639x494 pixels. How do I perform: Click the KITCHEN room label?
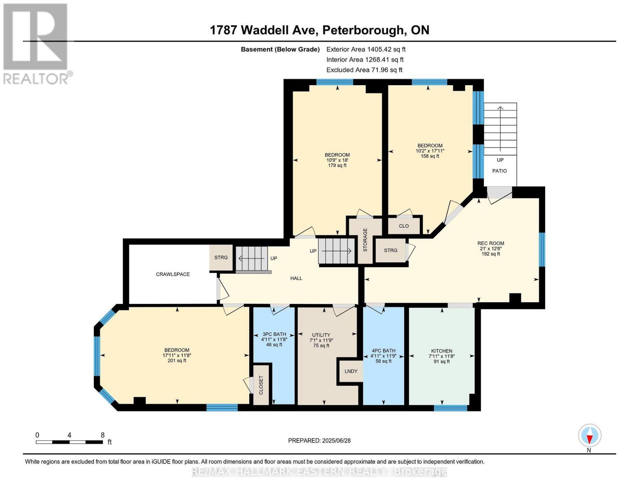(x=441, y=351)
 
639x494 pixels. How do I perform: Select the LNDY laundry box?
(x=351, y=371)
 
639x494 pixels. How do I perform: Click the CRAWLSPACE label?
(x=172, y=274)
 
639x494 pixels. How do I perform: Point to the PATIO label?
(x=500, y=171)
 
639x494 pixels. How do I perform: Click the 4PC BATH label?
(x=383, y=351)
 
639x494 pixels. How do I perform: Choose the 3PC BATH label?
(x=274, y=334)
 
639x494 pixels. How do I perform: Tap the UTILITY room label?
(x=321, y=335)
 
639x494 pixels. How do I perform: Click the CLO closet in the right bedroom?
(x=404, y=226)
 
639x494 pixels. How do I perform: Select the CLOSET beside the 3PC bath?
(x=261, y=385)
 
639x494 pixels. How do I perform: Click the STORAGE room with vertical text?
(x=365, y=240)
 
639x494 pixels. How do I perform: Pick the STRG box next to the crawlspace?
(x=221, y=258)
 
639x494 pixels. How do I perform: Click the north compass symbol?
(x=590, y=436)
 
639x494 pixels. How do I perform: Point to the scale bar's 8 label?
(x=102, y=435)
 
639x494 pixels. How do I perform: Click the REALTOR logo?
(x=36, y=43)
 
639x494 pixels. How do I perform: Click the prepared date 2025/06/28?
(x=319, y=440)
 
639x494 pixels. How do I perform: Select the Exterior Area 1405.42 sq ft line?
(x=366, y=49)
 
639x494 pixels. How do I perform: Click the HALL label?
(x=296, y=278)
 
